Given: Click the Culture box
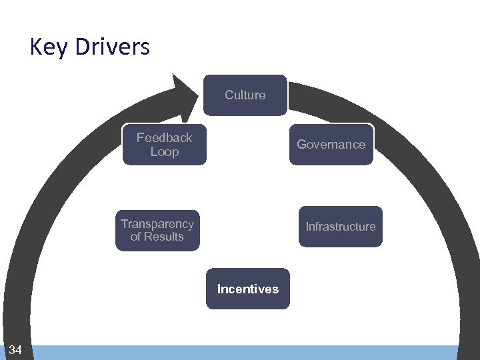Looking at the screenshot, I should point(245,95).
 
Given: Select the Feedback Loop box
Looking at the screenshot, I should point(164,144).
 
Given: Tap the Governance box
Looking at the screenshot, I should point(331,144).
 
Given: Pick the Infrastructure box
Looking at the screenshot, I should point(340,227).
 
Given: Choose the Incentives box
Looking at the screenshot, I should point(247,289).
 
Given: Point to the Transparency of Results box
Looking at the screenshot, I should point(157,231).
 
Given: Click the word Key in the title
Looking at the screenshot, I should point(49,47).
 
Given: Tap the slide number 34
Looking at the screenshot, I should point(15,350).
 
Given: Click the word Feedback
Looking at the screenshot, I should point(164,137).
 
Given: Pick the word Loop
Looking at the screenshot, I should point(164,152).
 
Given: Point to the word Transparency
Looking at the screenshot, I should point(157,224).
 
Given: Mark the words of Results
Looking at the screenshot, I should point(157,237).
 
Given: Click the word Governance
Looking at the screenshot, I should point(331,144).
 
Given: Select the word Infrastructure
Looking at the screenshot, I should point(340,227).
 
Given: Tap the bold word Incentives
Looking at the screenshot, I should point(247,289).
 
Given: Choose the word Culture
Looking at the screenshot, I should point(245,95).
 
